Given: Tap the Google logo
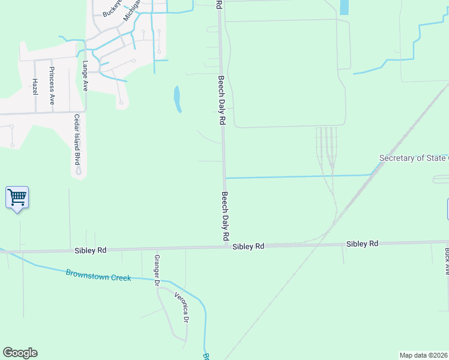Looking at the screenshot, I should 20,353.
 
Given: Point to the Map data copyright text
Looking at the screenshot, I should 424,355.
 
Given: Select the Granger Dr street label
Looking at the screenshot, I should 157,269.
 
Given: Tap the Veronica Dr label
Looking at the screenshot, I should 181,307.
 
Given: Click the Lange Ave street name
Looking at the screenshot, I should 85,74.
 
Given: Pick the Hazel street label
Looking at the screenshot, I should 35,86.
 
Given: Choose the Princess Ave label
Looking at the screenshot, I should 52,86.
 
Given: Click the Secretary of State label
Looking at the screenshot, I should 414,158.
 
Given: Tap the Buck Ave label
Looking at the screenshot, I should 447,261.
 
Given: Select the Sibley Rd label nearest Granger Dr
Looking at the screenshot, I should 91,250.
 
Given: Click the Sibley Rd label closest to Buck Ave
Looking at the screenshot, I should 362,244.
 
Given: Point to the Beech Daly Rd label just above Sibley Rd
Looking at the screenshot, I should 226,217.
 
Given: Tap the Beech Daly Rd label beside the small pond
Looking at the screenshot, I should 221,100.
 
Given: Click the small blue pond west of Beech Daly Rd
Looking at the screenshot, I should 177,99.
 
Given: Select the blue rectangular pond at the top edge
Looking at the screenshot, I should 344,7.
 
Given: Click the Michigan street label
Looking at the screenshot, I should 132,10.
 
